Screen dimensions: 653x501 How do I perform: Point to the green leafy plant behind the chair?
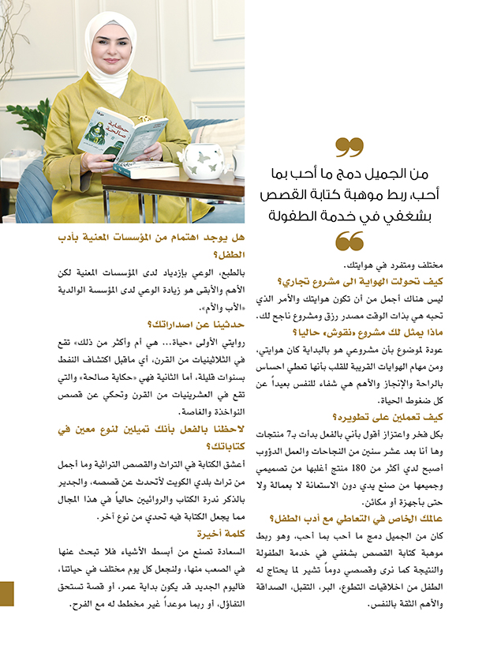[x=30, y=118]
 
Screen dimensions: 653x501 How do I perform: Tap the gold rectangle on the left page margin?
[x=7, y=593]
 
